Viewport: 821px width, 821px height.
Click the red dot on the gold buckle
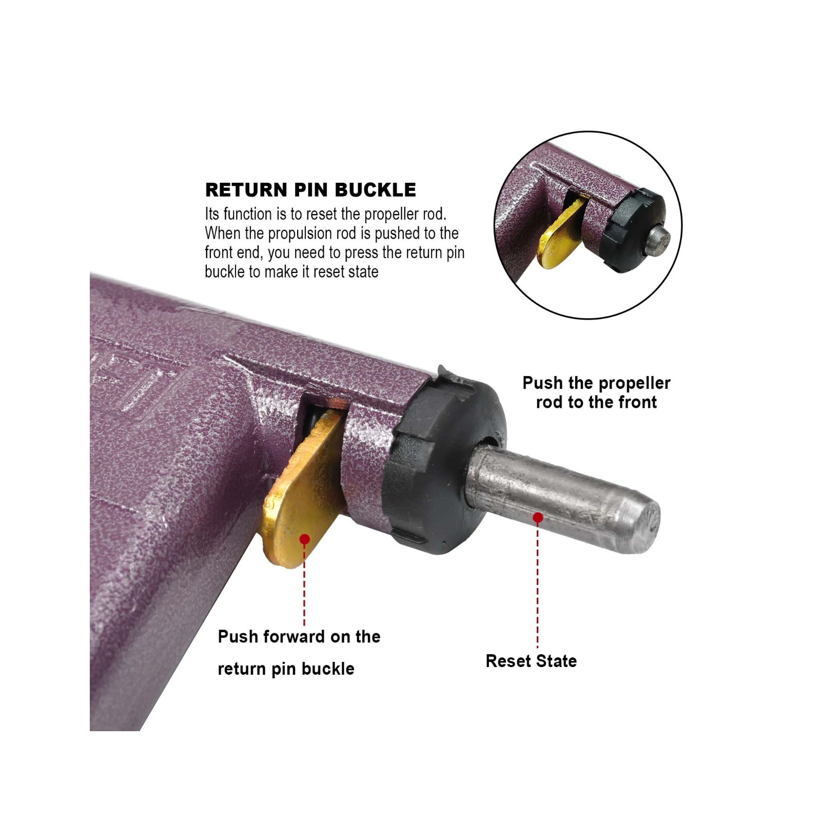[304, 539]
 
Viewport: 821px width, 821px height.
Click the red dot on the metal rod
[538, 518]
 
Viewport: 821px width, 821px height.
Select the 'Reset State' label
[531, 661]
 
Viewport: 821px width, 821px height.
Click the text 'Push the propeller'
[596, 383]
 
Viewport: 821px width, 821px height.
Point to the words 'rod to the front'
[596, 402]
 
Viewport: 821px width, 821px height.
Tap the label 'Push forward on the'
[299, 637]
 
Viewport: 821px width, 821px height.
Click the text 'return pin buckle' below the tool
[286, 669]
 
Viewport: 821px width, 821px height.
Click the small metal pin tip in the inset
[658, 238]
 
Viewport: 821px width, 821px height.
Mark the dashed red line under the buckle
[304, 585]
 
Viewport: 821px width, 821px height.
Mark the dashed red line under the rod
[538, 585]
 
